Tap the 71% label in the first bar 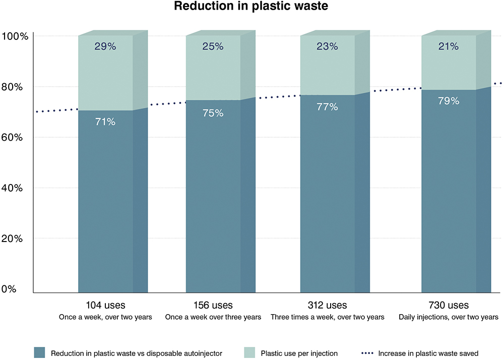105,122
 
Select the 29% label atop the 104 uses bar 105,46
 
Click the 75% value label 213,113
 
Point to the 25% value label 213,46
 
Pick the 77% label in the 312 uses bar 327,107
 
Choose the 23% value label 327,46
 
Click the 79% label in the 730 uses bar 449,101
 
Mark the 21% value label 449,46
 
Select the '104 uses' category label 106,306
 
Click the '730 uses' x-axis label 449,306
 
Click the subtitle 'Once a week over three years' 213,318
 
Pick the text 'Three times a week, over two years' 328,318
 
